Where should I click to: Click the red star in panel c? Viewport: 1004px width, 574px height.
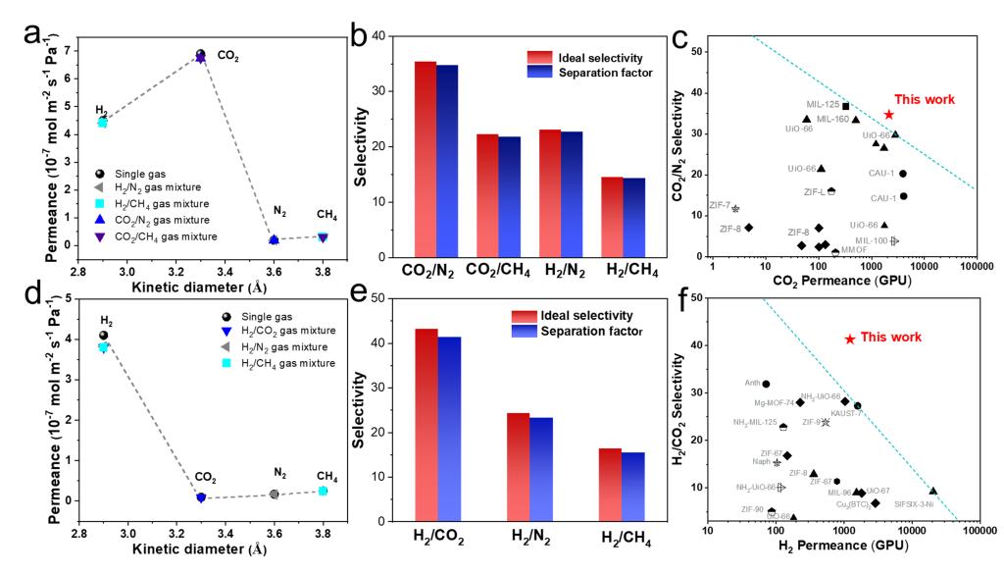click(888, 114)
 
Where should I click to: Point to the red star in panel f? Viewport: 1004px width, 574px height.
click(850, 339)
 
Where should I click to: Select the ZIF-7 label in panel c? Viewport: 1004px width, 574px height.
click(719, 206)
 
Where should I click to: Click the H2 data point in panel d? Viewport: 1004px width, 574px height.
click(103, 336)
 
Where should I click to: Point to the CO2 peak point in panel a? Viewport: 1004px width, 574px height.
click(200, 55)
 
